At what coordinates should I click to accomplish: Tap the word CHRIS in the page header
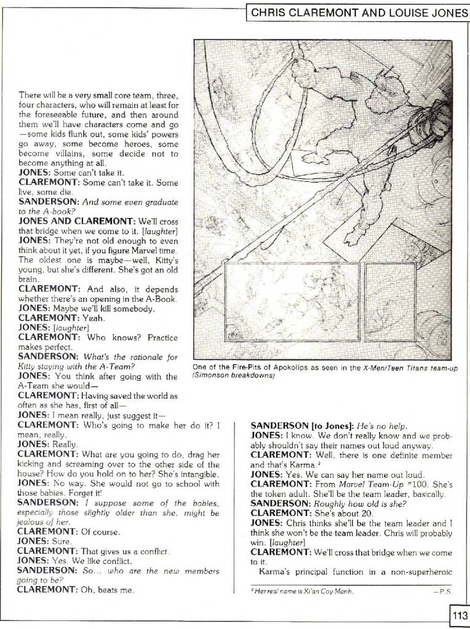pos(269,12)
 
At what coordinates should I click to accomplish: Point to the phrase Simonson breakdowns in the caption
pos(232,375)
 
